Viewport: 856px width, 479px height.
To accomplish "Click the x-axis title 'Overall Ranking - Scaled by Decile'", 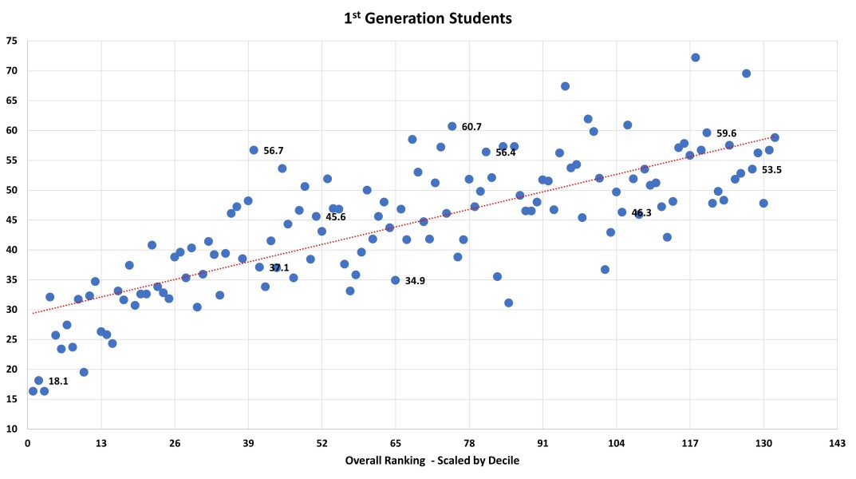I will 432,461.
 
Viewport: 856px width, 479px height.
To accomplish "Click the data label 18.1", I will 58,382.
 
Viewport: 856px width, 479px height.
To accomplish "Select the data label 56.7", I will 274,150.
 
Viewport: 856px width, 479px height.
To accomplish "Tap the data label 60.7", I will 471,126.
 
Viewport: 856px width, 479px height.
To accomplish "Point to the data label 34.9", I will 415,281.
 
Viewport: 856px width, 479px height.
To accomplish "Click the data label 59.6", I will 726,133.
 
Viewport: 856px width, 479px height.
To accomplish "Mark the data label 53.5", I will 771,170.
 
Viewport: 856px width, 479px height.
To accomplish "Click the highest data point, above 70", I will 695,57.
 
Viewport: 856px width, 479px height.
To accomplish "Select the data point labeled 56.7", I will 254,150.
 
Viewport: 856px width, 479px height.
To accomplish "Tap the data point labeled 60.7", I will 452,126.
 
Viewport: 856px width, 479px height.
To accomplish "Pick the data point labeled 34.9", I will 395,280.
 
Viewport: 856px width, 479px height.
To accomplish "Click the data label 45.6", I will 336,217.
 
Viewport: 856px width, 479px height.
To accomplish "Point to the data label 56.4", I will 506,152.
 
